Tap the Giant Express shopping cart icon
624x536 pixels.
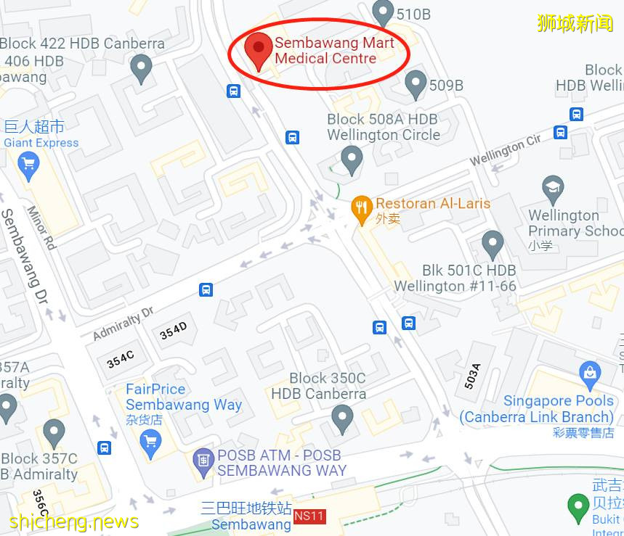(29, 166)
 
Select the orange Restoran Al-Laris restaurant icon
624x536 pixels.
(362, 209)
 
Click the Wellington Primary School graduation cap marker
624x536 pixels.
(554, 190)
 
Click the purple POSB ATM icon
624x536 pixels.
(203, 459)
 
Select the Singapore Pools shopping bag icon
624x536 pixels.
(590, 375)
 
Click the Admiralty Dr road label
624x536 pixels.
(123, 323)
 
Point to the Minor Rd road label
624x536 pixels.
(41, 228)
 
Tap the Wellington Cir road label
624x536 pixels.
(506, 152)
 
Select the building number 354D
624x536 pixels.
(174, 331)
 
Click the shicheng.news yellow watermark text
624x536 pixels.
(74, 521)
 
